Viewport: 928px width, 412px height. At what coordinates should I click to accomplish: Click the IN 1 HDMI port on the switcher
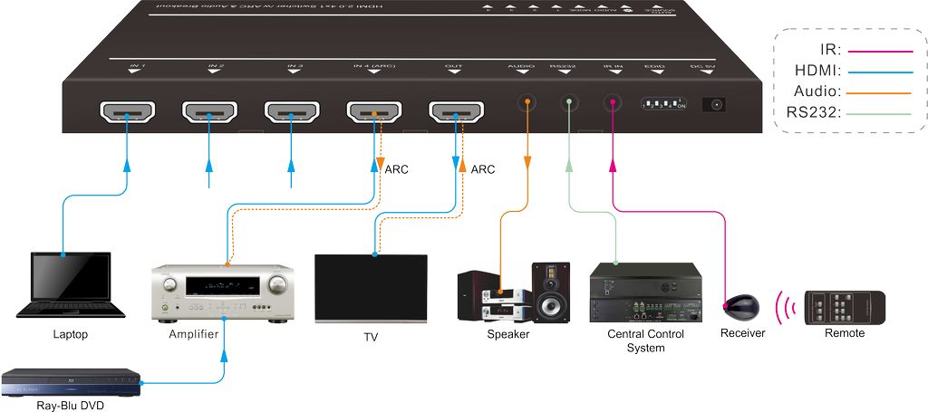(127, 112)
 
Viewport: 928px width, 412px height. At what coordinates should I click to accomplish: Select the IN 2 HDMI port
(209, 112)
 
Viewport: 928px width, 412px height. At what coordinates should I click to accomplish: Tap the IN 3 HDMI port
(291, 112)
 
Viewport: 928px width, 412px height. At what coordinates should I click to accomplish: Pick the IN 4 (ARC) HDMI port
(373, 112)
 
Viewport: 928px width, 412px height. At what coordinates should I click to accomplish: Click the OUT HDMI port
(456, 112)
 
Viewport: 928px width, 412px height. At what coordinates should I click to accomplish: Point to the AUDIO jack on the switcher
(525, 104)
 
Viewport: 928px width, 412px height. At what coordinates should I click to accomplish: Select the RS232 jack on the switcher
(568, 104)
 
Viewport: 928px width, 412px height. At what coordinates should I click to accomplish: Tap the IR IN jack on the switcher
(613, 104)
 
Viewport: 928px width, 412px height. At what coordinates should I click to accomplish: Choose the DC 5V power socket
(718, 104)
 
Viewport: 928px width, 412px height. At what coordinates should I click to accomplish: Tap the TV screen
(371, 286)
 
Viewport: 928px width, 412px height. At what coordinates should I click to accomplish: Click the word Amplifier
(194, 335)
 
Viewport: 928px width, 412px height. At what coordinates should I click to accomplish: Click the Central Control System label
(645, 340)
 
